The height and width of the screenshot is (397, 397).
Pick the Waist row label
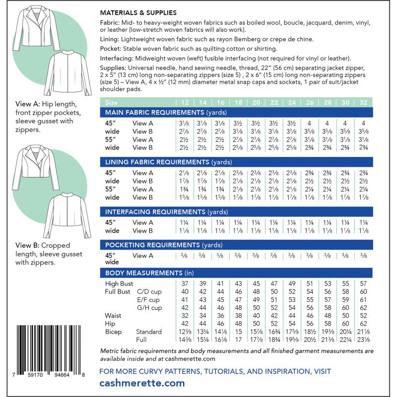[x=113, y=316]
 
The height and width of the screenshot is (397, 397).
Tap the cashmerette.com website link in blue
[x=142, y=383]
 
